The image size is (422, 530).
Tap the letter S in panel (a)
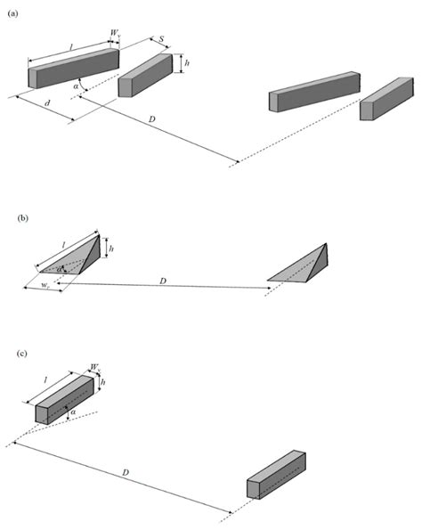(161, 39)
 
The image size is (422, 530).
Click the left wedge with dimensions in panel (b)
(76, 256)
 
